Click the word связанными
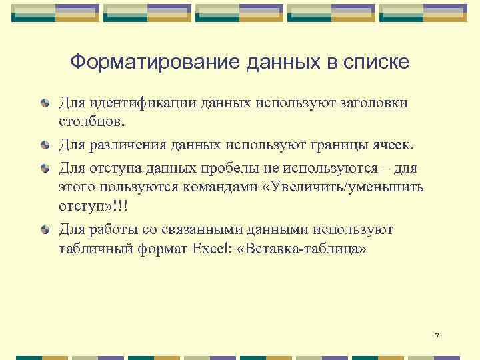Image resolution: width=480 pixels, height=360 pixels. point(201,230)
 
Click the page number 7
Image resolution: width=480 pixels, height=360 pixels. point(436,336)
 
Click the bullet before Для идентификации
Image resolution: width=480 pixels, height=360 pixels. point(44,103)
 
